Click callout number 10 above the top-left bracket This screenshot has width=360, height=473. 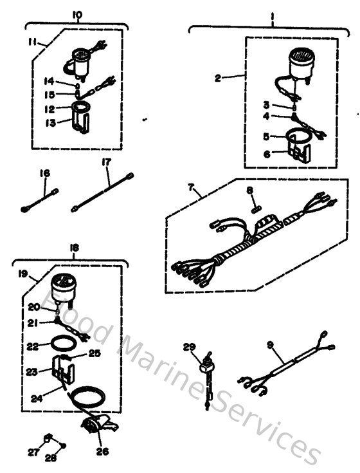[78, 14]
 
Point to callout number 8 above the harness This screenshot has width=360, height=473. [251, 191]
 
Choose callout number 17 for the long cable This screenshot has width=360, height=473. [107, 163]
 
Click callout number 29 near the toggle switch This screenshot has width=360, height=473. [188, 348]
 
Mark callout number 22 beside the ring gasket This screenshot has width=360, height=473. [33, 346]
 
